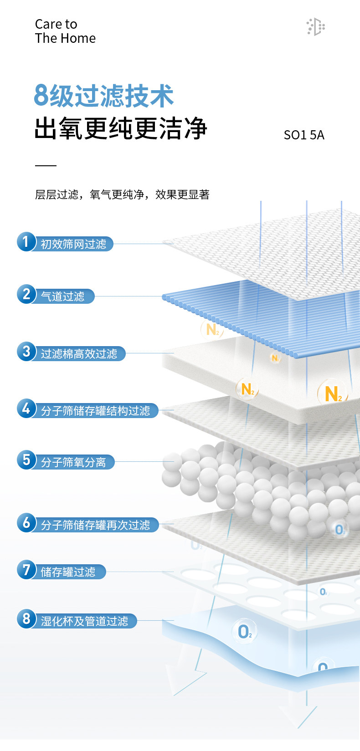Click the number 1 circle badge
26,242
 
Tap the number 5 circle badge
26,460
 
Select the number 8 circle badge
26,618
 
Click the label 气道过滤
63,296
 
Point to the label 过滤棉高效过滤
79,354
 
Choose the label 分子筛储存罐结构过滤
95,411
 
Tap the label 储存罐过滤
68,572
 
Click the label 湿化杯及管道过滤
84,621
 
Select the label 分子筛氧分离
73,463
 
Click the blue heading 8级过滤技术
104,96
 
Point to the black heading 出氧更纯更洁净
121,128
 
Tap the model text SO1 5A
304,135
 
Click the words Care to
56,24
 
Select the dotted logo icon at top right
315,27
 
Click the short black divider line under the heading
46,166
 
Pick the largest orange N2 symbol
333,393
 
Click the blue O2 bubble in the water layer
245,631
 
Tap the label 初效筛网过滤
73,245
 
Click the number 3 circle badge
26,351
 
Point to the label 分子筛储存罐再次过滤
95,525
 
